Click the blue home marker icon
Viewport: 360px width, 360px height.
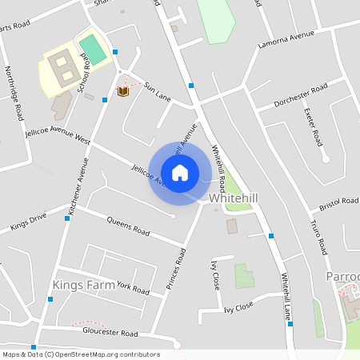[180, 173]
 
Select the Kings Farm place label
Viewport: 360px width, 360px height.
[84, 284]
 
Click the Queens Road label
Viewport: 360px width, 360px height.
[128, 226]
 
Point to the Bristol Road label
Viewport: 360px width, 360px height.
[338, 205]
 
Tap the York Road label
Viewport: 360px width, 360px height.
[132, 287]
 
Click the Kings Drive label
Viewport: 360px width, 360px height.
[29, 222]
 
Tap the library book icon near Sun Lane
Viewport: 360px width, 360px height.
[123, 93]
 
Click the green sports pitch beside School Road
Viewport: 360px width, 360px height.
[93, 49]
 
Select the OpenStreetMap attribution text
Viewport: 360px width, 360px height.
[80, 354]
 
